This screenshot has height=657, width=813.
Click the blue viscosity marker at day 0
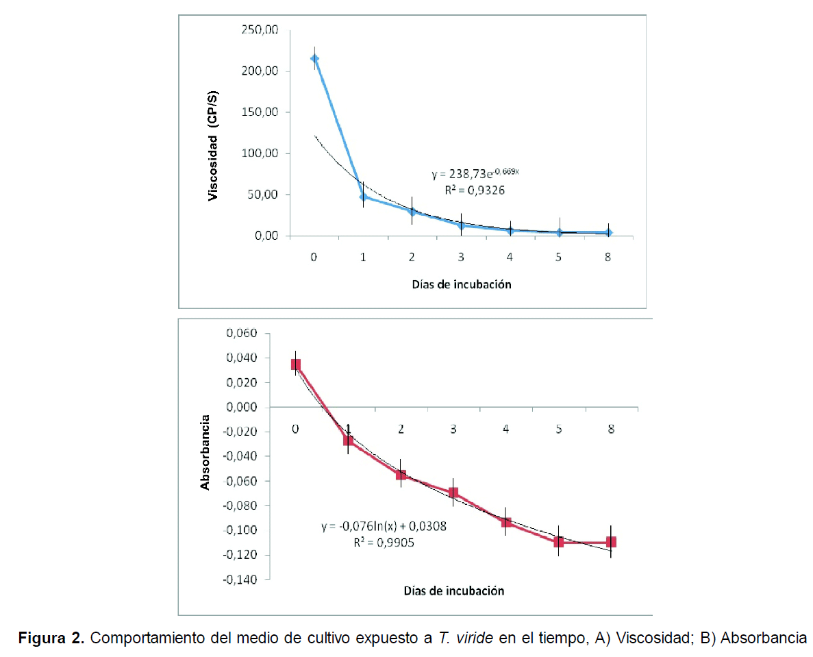[x=314, y=58]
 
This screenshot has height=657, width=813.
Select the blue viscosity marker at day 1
[x=363, y=197]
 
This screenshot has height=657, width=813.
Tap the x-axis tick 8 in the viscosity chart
[x=608, y=256]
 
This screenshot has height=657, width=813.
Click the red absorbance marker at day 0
[x=296, y=364]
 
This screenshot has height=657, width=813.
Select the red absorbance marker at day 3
[x=453, y=493]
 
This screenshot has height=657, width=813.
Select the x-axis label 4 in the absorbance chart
[x=506, y=429]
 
